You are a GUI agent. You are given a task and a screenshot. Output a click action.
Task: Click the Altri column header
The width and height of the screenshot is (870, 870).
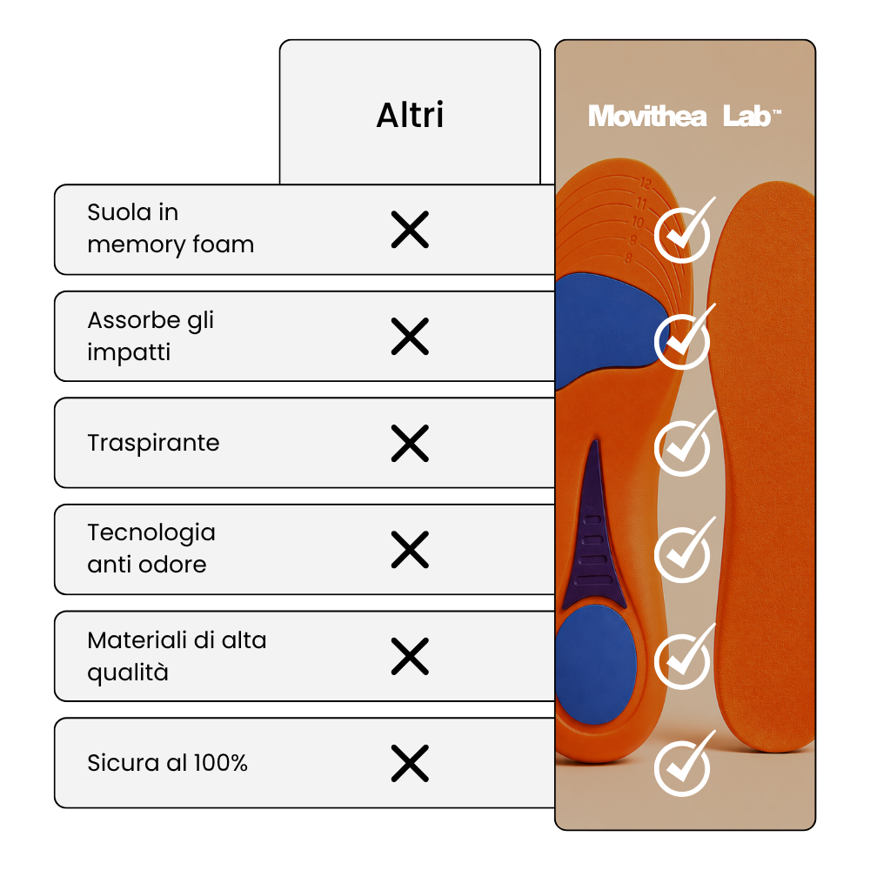[x=410, y=116]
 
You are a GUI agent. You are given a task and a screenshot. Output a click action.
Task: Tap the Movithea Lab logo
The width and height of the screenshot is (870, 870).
[x=685, y=117]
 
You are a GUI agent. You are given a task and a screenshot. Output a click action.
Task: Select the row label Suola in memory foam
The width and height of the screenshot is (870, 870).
[x=171, y=229]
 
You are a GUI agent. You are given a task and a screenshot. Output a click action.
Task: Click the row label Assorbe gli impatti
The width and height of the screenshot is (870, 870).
[x=151, y=336]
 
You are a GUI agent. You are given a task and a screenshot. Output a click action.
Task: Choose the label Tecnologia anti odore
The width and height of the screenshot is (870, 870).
[x=151, y=549]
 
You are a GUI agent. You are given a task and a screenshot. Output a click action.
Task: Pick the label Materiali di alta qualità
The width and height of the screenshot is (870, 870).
[x=177, y=656]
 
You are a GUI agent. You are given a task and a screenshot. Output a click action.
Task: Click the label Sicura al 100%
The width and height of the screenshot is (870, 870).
[x=168, y=763]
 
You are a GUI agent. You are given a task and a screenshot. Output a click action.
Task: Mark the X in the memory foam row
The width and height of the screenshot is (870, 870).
[x=410, y=229]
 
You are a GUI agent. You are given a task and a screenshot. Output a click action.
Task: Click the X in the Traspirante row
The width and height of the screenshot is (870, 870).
[x=410, y=444]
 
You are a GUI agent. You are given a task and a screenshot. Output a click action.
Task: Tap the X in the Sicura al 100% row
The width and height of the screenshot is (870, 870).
[x=410, y=764]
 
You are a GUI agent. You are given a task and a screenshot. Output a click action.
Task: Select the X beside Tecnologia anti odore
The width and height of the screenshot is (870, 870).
[x=410, y=550]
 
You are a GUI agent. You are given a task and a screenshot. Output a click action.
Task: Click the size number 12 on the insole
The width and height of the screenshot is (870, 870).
[x=645, y=183]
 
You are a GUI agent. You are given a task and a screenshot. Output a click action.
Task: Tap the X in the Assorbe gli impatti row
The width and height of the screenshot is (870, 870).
[x=410, y=336]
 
